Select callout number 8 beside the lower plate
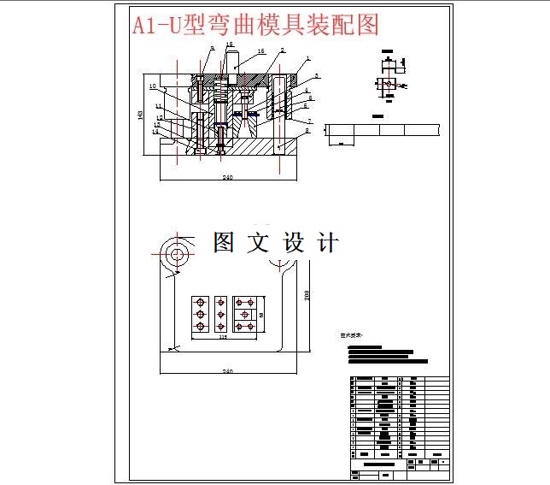(x=307, y=133)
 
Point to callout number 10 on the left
(x=151, y=86)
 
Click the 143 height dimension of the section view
(x=140, y=113)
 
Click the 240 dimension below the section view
(x=228, y=177)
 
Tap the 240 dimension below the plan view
(x=228, y=370)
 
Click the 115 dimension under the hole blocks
(x=223, y=337)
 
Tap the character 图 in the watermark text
(x=224, y=243)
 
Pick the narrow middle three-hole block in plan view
(x=222, y=315)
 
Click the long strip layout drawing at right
(x=383, y=130)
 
